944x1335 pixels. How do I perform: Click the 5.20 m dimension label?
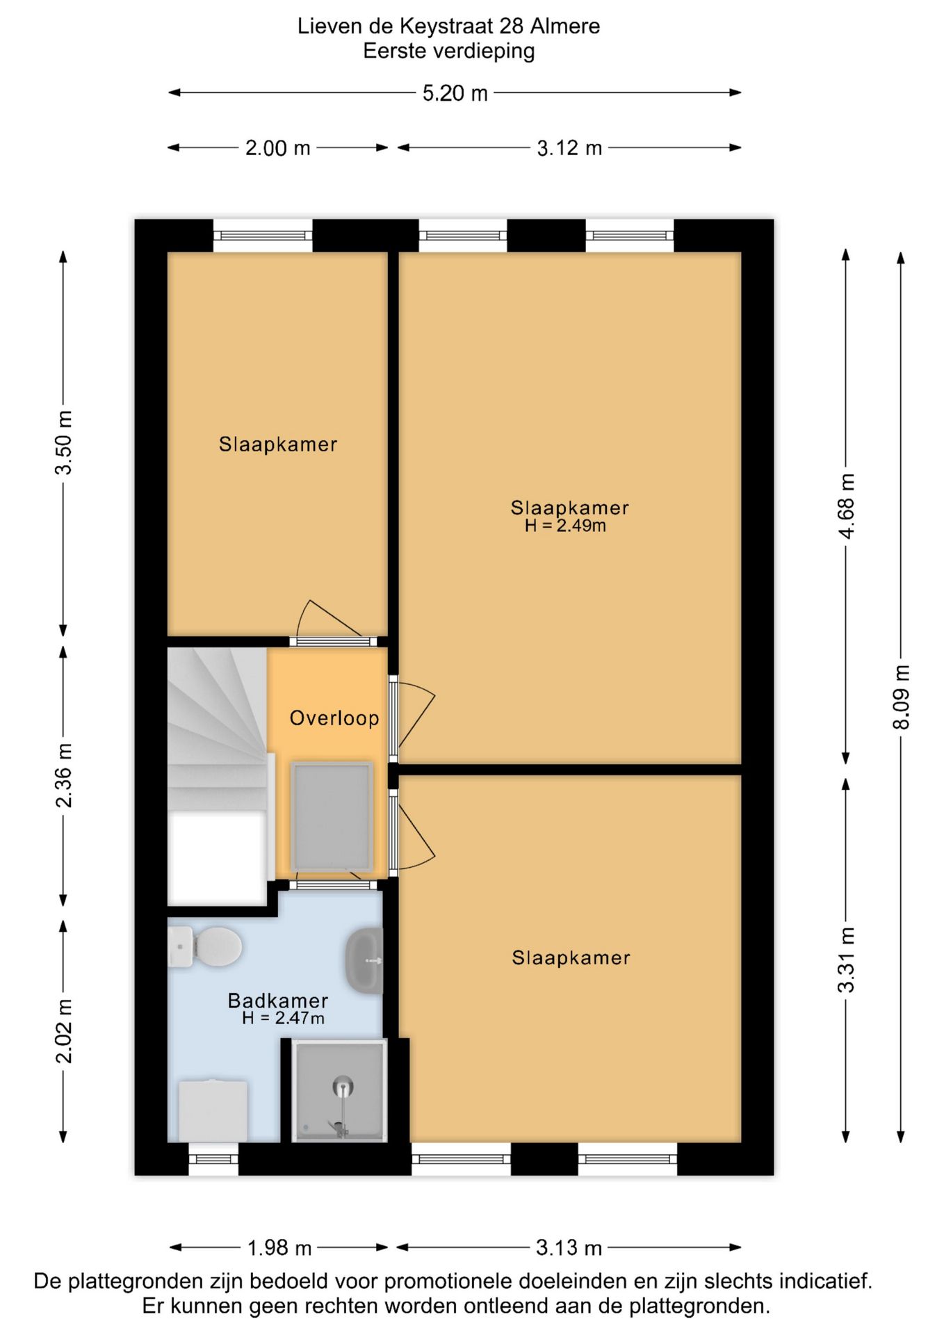click(x=455, y=93)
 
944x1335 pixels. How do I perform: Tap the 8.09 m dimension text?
click(x=901, y=697)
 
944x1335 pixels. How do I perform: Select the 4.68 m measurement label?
click(x=846, y=505)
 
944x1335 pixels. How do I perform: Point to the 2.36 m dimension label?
click(x=63, y=775)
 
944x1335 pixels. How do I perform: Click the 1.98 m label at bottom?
click(x=279, y=1248)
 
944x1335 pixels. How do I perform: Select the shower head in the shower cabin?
click(x=342, y=1086)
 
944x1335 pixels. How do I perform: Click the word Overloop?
click(x=334, y=718)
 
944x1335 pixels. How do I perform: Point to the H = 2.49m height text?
click(x=565, y=526)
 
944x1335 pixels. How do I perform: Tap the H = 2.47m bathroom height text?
click(x=283, y=1019)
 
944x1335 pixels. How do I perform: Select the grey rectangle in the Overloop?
click(x=332, y=816)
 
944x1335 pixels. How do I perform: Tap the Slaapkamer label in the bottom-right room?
click(x=571, y=958)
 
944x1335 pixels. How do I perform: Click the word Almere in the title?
click(x=564, y=26)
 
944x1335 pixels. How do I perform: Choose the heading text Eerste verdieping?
click(x=448, y=51)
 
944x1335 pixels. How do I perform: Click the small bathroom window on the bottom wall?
click(x=213, y=1159)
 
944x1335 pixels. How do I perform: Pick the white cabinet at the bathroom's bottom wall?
click(x=213, y=1110)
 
